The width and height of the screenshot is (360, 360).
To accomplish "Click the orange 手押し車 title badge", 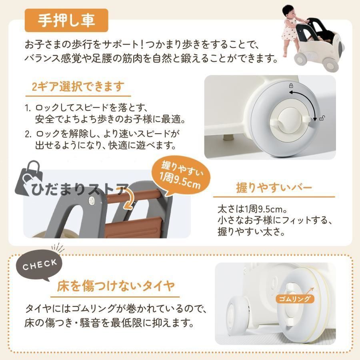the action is [66, 20].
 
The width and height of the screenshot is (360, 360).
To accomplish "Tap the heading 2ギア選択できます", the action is [78, 87].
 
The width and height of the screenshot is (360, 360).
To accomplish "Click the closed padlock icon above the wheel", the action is [291, 86].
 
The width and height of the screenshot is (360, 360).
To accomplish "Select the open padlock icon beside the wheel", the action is [322, 118].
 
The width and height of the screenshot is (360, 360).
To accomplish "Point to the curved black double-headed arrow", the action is [309, 99].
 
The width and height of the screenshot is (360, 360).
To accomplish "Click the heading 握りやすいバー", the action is [274, 188].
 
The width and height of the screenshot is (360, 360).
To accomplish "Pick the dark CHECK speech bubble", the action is [39, 267].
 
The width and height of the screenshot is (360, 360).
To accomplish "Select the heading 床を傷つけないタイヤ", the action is [116, 286].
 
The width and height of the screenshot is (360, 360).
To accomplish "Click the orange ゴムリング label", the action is [294, 299].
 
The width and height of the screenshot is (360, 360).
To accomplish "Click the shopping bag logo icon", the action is [29, 179].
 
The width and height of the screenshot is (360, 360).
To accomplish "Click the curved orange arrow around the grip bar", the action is [128, 198].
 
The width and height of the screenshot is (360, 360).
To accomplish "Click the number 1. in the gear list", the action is [28, 108].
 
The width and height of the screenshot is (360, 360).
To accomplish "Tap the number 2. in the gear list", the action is [28, 134].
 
